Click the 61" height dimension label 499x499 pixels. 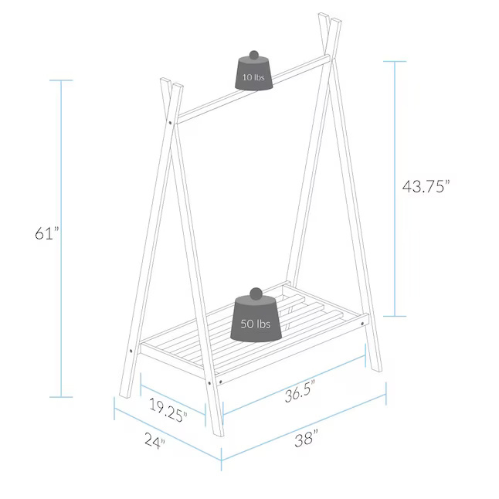47,233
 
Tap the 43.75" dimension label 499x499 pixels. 426,186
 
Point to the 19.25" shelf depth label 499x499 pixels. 168,410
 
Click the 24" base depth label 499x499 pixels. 155,440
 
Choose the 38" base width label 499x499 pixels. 306,438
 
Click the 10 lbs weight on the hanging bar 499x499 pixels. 253,73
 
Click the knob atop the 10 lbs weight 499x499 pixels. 253,55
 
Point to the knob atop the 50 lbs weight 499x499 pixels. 256,293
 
